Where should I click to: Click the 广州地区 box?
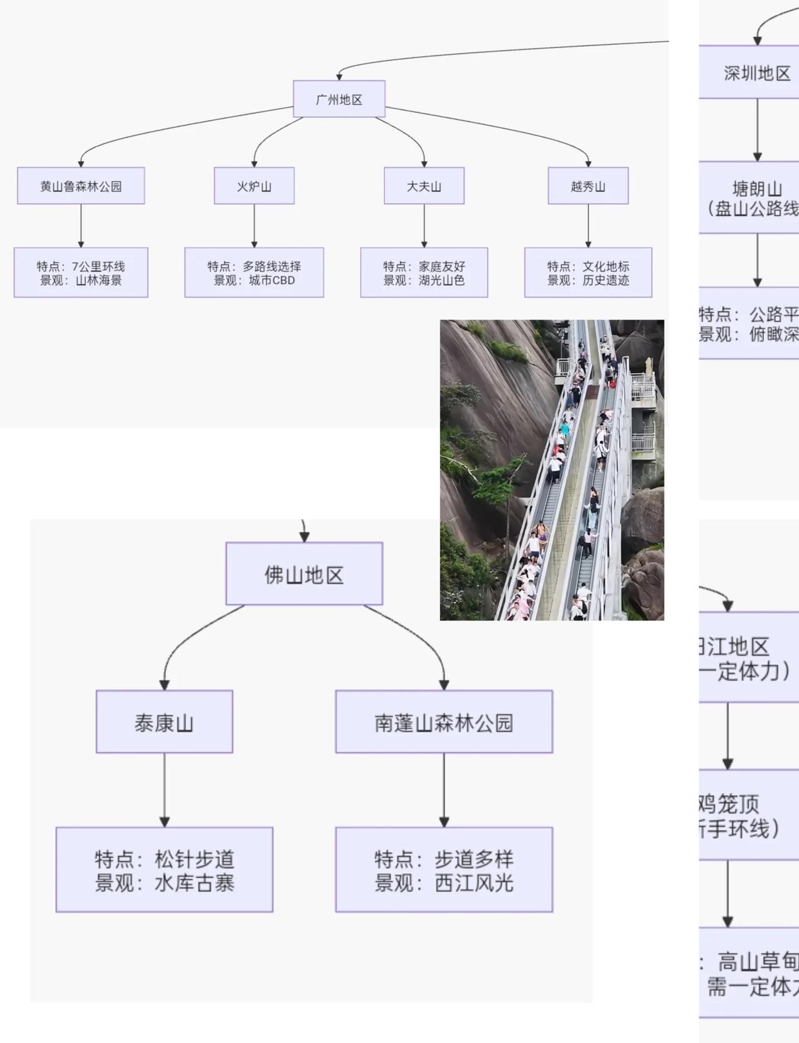point(339,99)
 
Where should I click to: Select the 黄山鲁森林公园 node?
point(81,185)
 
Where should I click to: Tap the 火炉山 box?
point(254,185)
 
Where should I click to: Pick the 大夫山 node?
point(424,185)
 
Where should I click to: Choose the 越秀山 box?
point(588,185)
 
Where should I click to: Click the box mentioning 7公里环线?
point(81,273)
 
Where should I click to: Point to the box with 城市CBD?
point(254,273)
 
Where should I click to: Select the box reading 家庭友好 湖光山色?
point(424,273)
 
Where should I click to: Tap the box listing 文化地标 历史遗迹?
point(588,273)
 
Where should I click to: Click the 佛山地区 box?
point(304,574)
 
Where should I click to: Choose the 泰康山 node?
point(164,722)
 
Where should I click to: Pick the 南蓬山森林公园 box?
point(444,722)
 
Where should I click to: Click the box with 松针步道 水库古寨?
point(164,870)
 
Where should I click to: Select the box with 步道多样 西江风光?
point(444,870)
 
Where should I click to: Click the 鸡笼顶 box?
point(743,814)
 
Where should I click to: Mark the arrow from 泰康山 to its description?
point(164,790)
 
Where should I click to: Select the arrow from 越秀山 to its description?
point(588,225)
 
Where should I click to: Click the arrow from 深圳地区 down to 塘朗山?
point(757,129)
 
